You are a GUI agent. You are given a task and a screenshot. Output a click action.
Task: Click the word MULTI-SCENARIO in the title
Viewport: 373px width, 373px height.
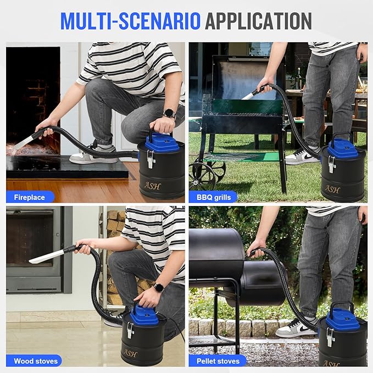(x=130, y=20)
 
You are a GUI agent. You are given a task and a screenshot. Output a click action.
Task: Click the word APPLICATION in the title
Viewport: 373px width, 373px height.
(x=258, y=20)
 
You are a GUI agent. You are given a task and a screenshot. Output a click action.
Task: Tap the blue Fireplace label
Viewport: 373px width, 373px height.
(x=30, y=197)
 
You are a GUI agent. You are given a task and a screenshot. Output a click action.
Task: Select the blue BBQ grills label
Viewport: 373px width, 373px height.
(x=214, y=197)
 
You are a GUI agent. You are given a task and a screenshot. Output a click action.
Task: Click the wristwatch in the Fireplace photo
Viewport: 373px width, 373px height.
(x=170, y=114)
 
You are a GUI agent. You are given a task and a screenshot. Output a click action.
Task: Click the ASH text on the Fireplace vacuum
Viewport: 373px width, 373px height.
(x=152, y=186)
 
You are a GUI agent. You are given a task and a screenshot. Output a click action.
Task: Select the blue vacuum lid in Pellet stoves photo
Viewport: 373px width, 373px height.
(x=343, y=319)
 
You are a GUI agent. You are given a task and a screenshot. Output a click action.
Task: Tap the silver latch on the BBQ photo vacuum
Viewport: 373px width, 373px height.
(x=332, y=164)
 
